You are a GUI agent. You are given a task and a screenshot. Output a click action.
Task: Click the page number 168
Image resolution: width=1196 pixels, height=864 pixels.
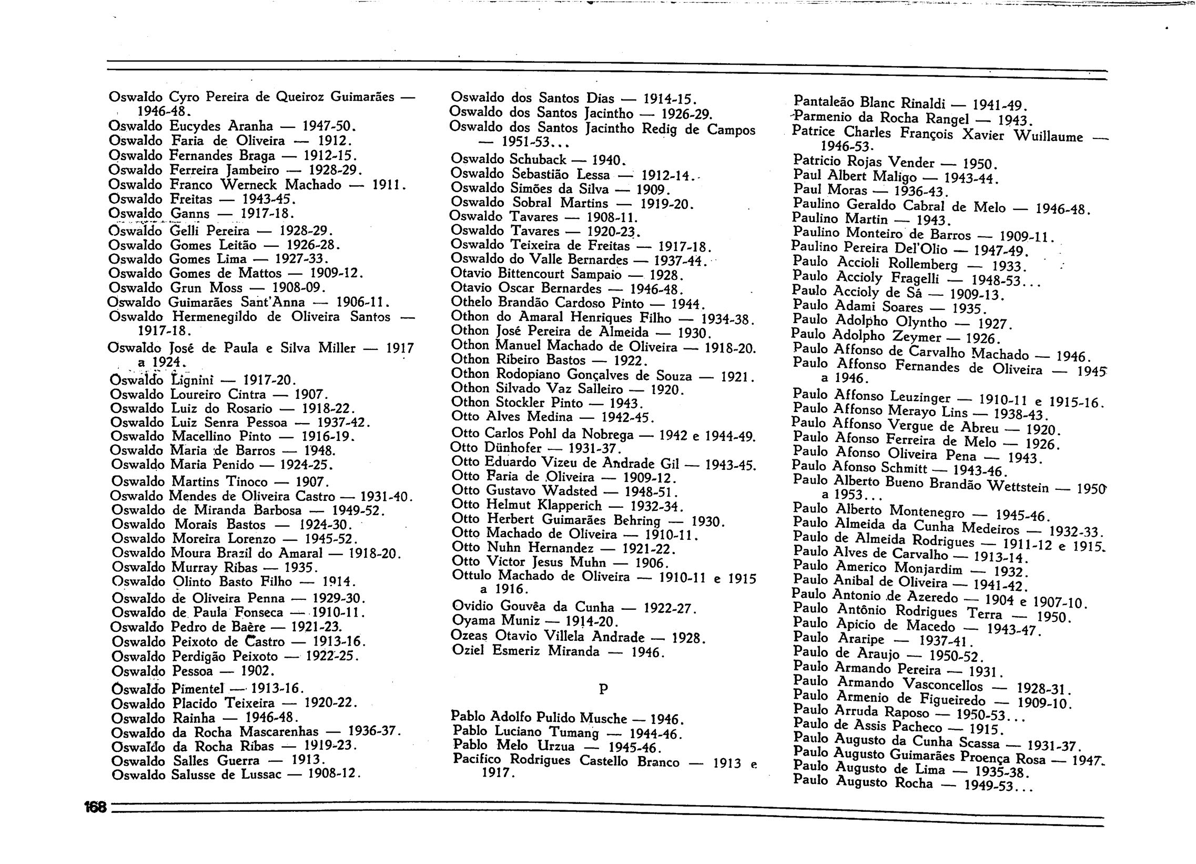point(95,807)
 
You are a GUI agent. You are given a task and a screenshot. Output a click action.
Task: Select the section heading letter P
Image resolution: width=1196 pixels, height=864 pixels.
point(603,689)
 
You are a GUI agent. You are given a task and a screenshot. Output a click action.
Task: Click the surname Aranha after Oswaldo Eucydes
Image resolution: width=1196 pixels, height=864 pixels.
point(250,126)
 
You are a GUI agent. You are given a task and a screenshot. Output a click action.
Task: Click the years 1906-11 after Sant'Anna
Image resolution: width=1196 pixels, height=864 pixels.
point(362,302)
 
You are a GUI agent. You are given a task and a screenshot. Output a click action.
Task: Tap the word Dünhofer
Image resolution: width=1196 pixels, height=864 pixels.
point(513,448)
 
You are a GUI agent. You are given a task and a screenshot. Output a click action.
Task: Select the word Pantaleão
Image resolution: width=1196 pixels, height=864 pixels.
point(822,101)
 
